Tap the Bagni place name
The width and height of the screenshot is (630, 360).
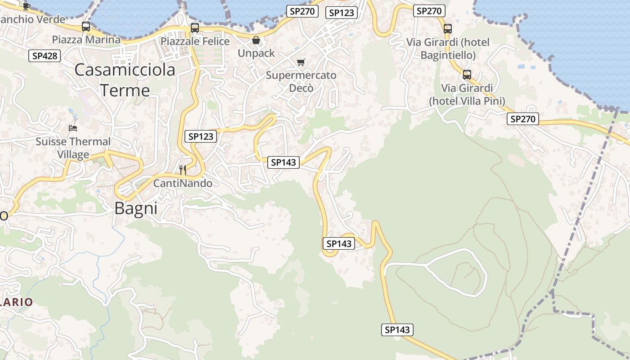click(x=136, y=208)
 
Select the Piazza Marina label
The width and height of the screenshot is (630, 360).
click(x=86, y=40)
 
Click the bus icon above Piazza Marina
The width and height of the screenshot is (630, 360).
click(x=86, y=27)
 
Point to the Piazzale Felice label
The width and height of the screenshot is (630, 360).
click(x=195, y=41)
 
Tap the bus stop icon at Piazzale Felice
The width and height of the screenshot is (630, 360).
click(x=195, y=28)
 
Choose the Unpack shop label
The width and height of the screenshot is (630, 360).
click(x=256, y=53)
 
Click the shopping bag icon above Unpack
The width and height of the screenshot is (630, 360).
click(x=256, y=40)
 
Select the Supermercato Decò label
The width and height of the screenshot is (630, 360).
click(x=301, y=81)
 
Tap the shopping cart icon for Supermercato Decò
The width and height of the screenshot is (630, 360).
click(x=301, y=62)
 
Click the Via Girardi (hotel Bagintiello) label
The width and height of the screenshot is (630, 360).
click(x=448, y=49)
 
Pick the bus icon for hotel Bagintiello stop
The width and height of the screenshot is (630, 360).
click(x=448, y=29)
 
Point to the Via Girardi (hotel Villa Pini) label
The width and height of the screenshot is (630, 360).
click(x=467, y=94)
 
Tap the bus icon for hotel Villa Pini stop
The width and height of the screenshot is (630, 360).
click(x=467, y=75)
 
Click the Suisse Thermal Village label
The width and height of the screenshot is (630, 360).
click(x=73, y=148)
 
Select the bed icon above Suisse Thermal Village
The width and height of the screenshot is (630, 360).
click(x=72, y=128)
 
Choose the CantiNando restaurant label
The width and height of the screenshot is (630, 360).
click(x=183, y=184)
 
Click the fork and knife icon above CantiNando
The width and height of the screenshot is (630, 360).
click(x=183, y=170)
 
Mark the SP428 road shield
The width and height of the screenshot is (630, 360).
click(x=45, y=56)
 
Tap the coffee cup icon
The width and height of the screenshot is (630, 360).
click(x=27, y=6)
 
